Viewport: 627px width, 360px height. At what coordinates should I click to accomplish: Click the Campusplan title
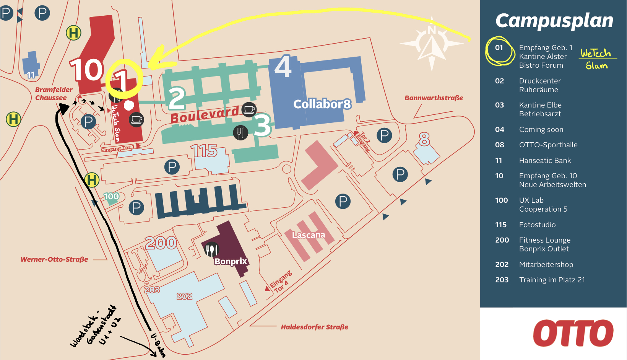click(554, 21)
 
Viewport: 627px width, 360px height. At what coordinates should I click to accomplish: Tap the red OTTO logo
click(573, 333)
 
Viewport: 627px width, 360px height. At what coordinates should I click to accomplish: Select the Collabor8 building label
click(322, 104)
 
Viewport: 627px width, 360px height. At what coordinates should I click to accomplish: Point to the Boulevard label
click(205, 114)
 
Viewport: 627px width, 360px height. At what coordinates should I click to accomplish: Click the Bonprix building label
click(231, 261)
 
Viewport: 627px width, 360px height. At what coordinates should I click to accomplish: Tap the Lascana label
click(309, 235)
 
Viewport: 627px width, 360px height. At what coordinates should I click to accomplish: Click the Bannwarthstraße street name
click(434, 98)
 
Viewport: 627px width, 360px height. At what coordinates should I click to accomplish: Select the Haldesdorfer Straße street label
click(315, 327)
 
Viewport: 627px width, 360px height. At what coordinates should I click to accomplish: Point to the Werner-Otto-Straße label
click(54, 259)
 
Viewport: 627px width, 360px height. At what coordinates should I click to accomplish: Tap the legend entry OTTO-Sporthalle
click(548, 145)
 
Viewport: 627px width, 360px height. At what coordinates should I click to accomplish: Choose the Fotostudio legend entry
click(537, 225)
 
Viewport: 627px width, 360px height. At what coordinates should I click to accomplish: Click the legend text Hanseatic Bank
click(545, 161)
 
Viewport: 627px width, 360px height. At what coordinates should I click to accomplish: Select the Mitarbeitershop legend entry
click(546, 264)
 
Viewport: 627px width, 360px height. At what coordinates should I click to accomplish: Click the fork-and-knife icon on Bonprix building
click(212, 249)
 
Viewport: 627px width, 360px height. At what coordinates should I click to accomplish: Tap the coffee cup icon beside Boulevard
click(249, 109)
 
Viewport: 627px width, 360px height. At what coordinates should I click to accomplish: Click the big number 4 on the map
click(283, 67)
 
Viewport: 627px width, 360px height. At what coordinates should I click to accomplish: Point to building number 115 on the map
click(204, 151)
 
